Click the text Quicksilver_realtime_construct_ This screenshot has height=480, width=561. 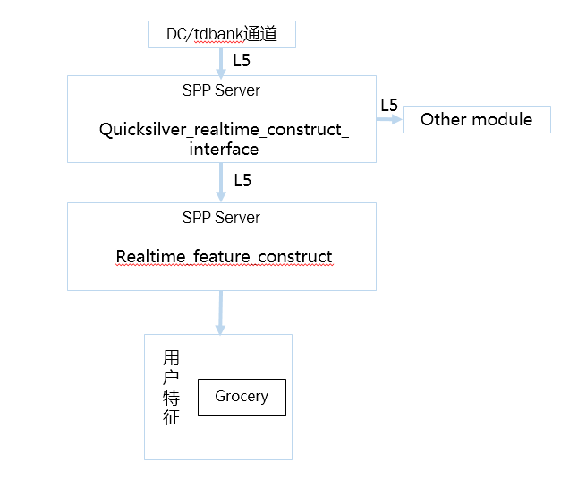224,130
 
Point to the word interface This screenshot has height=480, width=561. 224,149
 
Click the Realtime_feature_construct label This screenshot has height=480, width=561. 225,256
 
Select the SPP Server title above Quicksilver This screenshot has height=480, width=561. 221,90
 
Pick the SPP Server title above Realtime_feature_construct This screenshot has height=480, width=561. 221,218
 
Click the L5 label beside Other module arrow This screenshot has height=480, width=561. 389,106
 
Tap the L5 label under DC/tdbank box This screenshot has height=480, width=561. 242,61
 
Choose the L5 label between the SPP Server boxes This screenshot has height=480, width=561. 242,180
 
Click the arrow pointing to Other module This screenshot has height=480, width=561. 389,119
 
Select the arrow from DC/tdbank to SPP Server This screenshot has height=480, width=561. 221,63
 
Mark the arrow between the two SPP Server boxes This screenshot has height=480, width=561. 221,183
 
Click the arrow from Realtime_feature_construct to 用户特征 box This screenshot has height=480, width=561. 221,313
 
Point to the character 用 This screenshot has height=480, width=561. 171,358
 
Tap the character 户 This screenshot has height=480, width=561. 171,378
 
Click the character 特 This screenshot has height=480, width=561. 171,398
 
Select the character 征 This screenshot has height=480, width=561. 171,417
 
